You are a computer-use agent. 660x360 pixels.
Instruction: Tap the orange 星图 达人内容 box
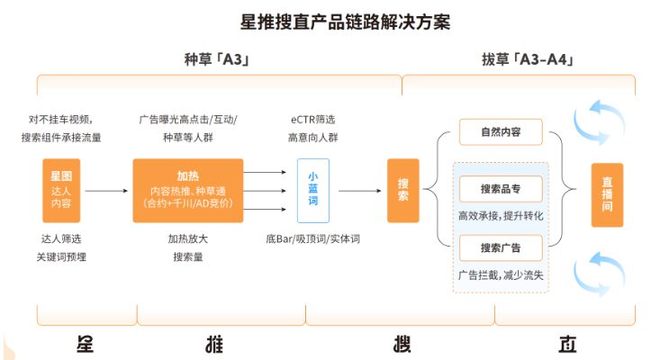click(x=61, y=190)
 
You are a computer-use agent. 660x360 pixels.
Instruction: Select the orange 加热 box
click(x=187, y=190)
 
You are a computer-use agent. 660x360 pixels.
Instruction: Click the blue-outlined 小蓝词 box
click(x=313, y=190)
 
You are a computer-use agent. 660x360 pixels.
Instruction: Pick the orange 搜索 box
click(x=402, y=190)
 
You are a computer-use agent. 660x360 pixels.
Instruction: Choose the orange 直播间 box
click(x=607, y=193)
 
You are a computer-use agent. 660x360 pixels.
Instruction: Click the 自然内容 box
click(x=501, y=132)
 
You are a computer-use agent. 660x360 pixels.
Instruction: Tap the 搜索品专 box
click(x=501, y=189)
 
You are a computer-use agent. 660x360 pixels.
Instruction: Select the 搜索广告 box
click(x=501, y=247)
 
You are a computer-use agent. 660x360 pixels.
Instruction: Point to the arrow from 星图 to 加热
click(x=106, y=191)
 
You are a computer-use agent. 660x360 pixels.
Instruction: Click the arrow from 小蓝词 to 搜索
click(x=358, y=191)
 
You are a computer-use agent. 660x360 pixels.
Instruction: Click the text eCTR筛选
click(x=312, y=119)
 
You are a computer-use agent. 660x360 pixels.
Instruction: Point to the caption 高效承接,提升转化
click(x=500, y=215)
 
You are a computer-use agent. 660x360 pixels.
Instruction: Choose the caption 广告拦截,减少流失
click(x=500, y=274)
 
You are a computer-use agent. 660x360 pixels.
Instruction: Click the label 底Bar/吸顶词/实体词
click(x=312, y=238)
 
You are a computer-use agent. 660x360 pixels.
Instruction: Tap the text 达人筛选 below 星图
click(x=61, y=238)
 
